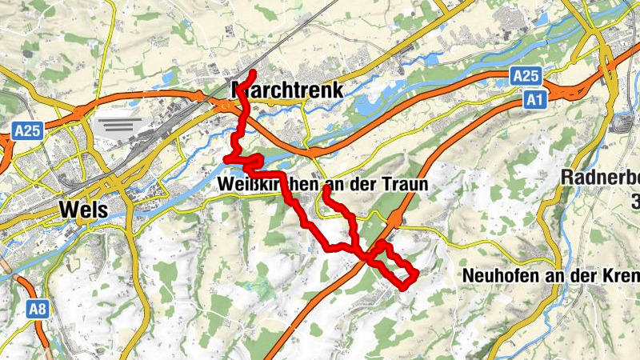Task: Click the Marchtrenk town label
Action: [x=286, y=90]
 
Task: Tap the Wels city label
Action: [x=83, y=210]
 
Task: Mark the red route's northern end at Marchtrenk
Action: [x=253, y=73]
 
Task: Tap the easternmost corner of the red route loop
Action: [x=417, y=275]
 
